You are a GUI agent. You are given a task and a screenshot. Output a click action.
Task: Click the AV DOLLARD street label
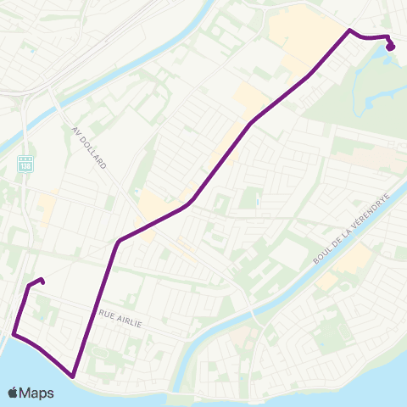[x=89, y=146]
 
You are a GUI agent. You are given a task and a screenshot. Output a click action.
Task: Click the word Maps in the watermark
[x=37, y=393]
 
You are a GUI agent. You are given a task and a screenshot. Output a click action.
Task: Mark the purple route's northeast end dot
[x=390, y=47]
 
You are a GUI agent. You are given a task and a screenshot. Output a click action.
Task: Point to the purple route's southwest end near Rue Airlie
[x=42, y=281]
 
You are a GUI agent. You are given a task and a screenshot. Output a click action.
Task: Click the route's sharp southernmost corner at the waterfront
[x=74, y=375]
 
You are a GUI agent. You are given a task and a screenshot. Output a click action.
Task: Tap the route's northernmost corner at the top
[x=349, y=31]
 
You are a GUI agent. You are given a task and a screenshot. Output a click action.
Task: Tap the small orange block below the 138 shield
[x=45, y=208]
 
